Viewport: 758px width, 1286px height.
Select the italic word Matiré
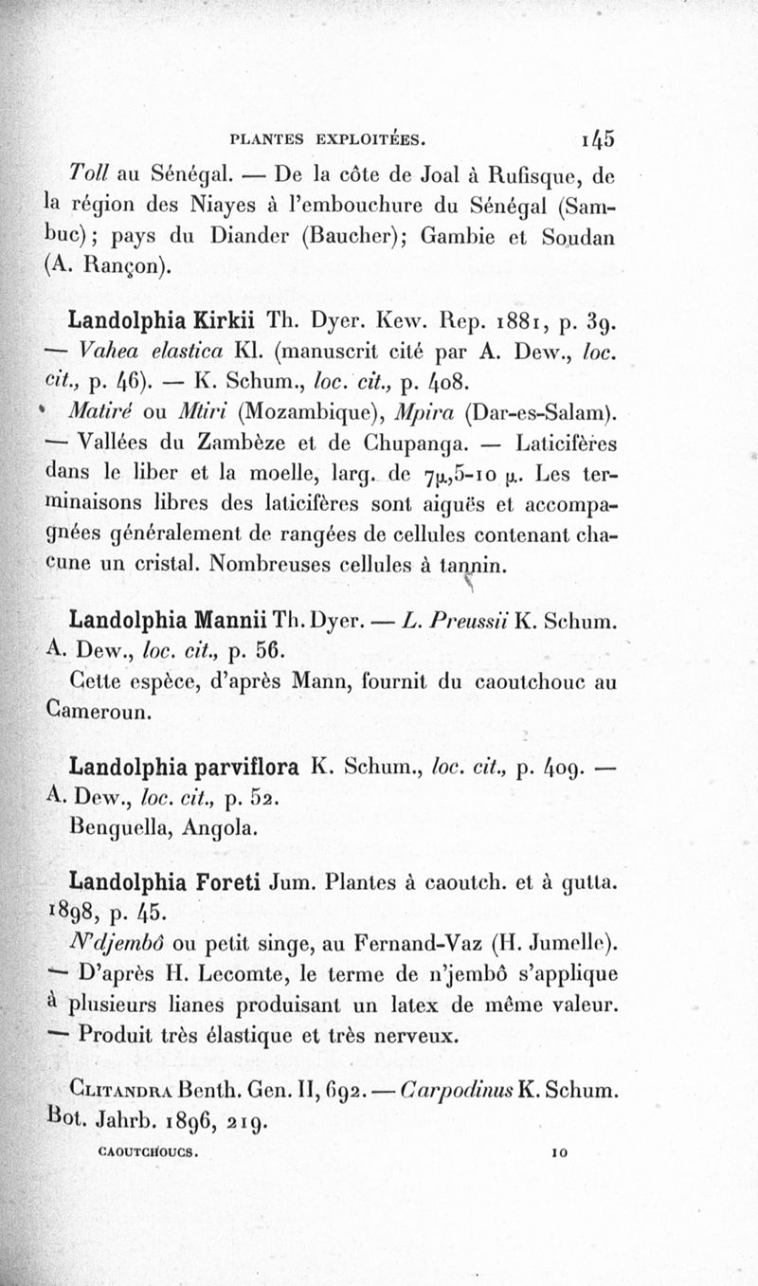99,414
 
